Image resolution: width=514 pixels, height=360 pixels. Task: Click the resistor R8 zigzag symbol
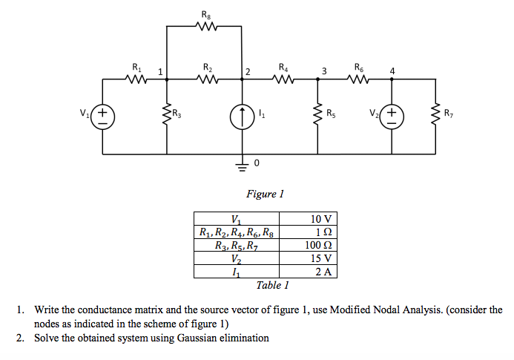point(205,27)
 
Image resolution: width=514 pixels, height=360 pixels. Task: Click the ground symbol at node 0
point(243,166)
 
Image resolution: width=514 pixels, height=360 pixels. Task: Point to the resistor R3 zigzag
point(166,115)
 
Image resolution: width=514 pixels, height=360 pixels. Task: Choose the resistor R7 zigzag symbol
point(435,115)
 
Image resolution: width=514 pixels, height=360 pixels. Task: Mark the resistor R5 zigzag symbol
point(318,115)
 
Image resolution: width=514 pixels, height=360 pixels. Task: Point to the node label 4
point(392,71)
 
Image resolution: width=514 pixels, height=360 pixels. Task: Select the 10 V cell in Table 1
point(323,219)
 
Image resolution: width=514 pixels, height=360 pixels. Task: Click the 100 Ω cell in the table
point(323,246)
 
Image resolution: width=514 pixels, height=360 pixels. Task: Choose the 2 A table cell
point(323,272)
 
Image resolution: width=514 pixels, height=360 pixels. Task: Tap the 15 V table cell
point(323,259)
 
